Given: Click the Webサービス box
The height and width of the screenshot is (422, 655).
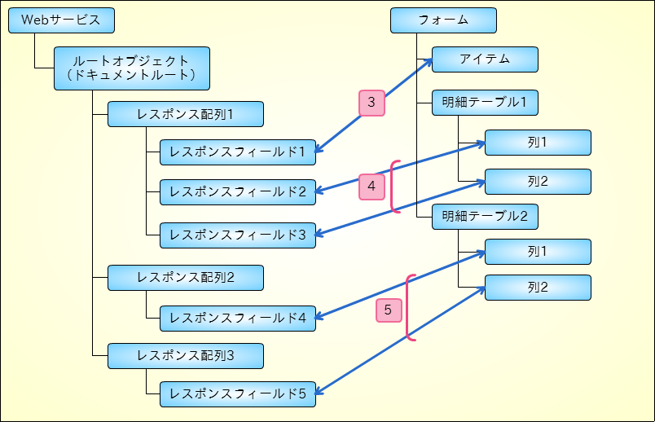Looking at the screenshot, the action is click(61, 20).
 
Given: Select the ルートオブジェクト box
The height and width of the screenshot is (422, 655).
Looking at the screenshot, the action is click(132, 68).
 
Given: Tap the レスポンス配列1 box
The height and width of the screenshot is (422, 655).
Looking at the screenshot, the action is click(186, 114).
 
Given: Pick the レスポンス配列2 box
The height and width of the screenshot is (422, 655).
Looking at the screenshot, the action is click(186, 278).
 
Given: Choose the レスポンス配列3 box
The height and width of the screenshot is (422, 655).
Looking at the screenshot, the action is click(186, 356).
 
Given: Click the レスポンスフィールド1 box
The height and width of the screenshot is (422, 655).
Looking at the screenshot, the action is click(238, 152).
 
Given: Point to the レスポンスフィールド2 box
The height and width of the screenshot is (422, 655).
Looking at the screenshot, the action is click(238, 192).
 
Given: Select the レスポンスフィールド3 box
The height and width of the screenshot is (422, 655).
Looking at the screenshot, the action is click(238, 235).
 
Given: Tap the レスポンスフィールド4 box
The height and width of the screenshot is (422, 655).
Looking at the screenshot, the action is click(238, 319).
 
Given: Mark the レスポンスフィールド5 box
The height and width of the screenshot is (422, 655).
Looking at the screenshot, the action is click(238, 394).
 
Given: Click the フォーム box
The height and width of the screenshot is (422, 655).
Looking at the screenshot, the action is click(444, 20).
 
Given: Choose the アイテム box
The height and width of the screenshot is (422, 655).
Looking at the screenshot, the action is click(485, 59).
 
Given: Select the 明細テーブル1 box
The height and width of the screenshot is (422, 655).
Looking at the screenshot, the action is click(485, 103).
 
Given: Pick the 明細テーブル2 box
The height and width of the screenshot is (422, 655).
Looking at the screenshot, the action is click(485, 217).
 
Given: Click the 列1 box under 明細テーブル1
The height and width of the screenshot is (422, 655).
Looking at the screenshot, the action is click(538, 143).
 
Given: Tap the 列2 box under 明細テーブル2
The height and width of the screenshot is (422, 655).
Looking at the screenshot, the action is click(538, 288).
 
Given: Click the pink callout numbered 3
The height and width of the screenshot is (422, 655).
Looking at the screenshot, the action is click(371, 103).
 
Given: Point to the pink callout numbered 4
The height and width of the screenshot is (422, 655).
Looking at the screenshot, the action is click(371, 187).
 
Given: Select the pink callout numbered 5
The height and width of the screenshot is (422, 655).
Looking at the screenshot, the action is click(389, 310).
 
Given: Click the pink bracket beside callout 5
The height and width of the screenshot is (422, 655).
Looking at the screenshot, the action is click(407, 307).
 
